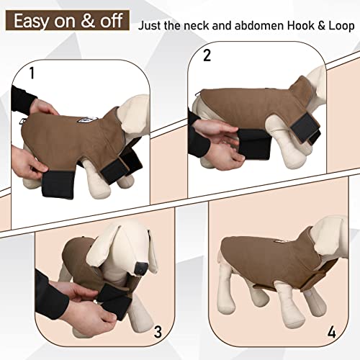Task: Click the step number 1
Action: [31, 73]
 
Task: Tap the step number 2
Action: [208, 54]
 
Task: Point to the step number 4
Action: [332, 333]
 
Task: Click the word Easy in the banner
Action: [35, 20]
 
